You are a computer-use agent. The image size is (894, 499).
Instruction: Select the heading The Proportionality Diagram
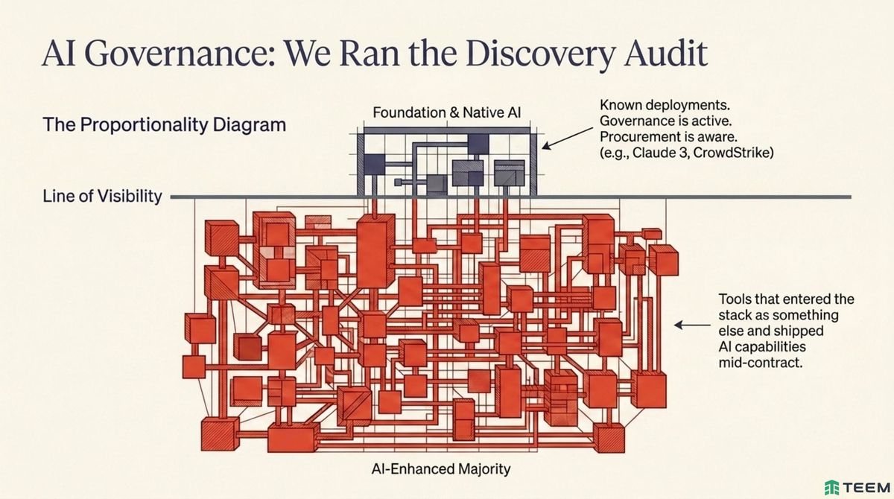point(164,124)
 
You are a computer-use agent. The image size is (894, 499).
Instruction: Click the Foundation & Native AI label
point(446,113)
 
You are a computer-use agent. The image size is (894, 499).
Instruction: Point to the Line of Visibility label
point(102,197)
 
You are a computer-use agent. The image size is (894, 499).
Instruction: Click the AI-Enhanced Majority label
point(440,470)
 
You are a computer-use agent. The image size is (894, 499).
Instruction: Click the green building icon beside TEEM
point(831,488)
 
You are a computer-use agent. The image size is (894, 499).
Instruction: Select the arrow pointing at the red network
point(691,325)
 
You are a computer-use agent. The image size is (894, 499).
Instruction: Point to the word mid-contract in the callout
point(759,363)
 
